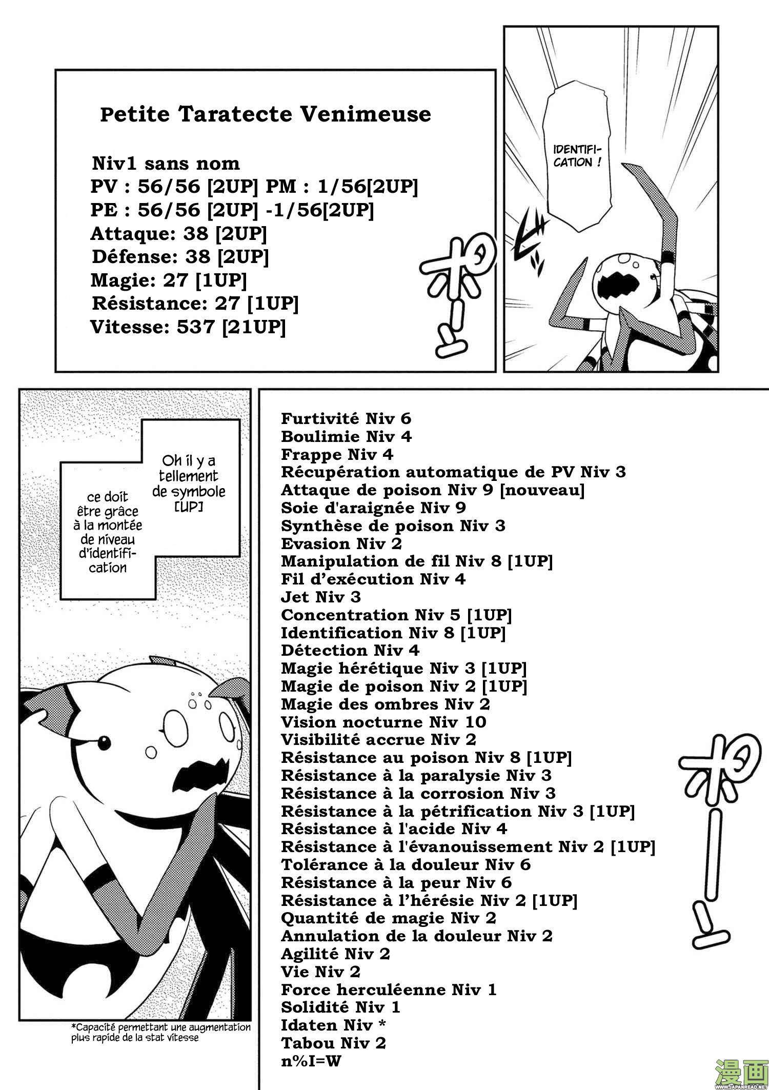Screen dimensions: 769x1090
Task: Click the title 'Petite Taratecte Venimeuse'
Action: [265, 114]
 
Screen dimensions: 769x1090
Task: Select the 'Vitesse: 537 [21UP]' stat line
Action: [188, 327]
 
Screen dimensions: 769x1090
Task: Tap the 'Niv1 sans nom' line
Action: [166, 164]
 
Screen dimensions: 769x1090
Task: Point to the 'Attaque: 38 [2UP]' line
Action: [178, 234]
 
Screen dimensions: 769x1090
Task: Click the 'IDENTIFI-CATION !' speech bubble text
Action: [577, 156]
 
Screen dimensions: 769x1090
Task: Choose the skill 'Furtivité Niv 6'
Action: [346, 418]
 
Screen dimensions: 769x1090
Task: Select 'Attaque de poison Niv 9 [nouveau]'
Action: [433, 490]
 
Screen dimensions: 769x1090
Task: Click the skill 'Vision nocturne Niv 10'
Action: [383, 722]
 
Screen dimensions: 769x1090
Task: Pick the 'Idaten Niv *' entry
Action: [333, 1025]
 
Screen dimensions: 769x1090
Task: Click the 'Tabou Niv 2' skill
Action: [333, 1043]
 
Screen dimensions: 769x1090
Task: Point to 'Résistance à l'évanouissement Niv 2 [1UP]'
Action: [468, 847]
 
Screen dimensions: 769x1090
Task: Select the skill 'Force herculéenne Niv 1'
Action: [389, 990]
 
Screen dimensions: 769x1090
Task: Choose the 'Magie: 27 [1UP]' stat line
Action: [168, 280]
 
